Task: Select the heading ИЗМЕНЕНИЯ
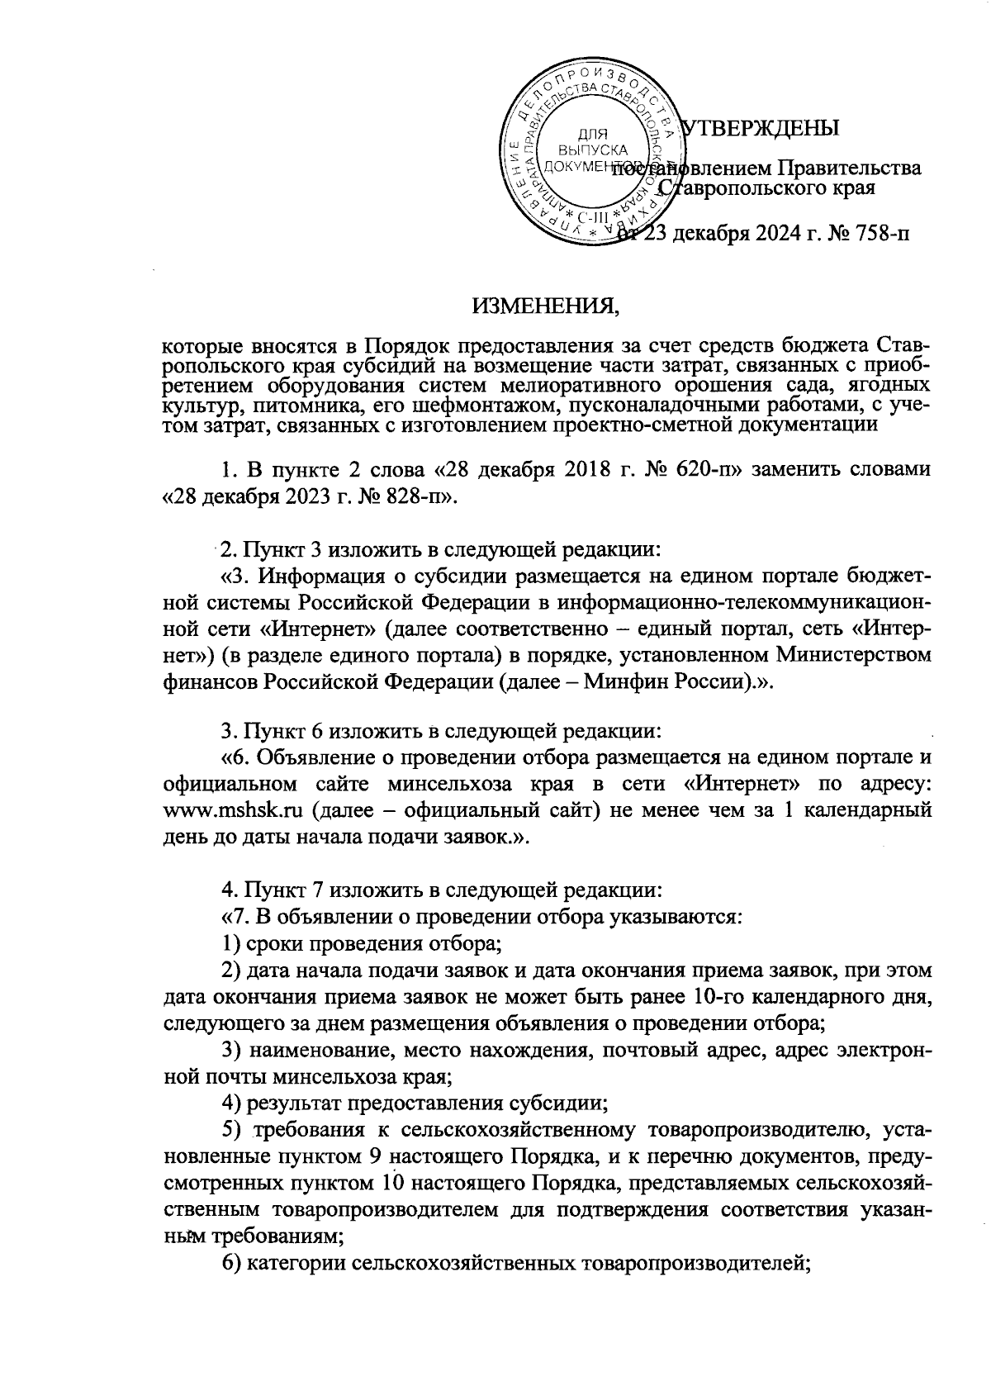click(546, 307)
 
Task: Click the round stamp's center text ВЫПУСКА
click(591, 150)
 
